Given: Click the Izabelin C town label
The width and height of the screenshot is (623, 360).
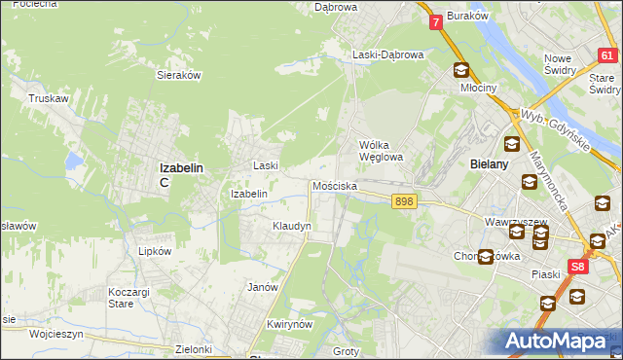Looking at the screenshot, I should (x=180, y=173).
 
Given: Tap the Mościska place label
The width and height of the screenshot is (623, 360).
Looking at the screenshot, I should (x=334, y=185).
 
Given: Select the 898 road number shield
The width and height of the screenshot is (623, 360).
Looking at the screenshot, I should (x=406, y=200).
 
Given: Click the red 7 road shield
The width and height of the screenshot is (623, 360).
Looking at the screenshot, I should (x=435, y=20).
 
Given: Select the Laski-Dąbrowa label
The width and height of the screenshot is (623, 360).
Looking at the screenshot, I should (x=387, y=55).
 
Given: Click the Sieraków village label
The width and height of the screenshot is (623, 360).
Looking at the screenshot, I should (x=178, y=74).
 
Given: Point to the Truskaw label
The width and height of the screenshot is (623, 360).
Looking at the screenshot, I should (x=47, y=98).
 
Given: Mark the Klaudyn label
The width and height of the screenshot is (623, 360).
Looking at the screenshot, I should (x=291, y=226).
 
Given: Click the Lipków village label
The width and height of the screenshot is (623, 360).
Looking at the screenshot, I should (x=155, y=250).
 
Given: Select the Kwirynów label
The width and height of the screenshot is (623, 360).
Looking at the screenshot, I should (x=287, y=324).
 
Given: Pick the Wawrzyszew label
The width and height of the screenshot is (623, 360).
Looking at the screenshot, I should (x=513, y=221).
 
